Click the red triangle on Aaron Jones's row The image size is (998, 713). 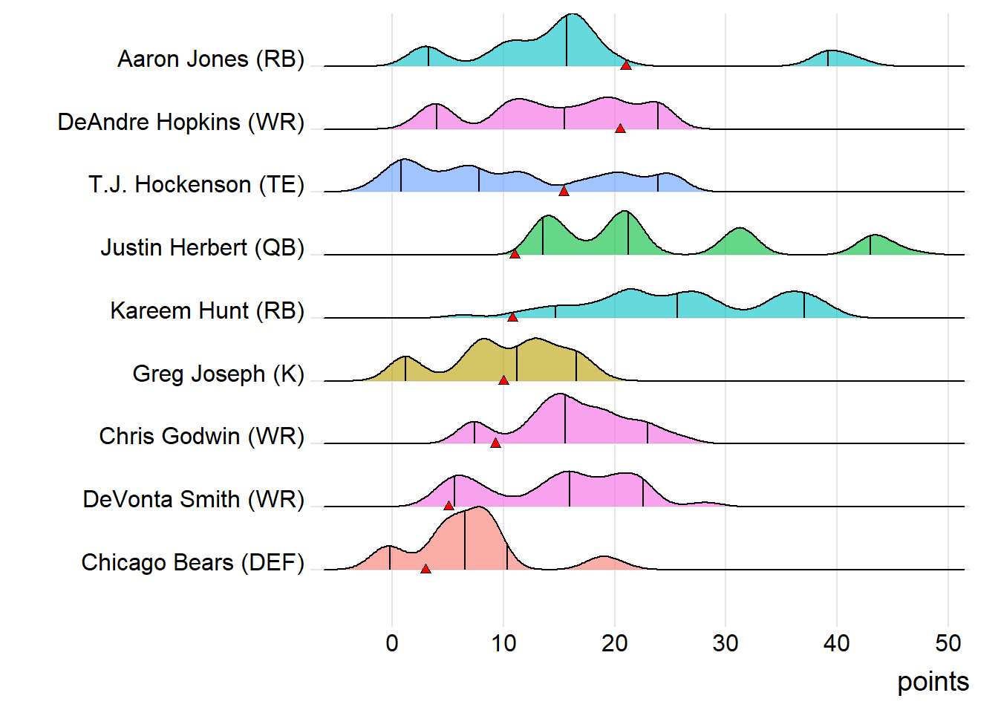click(626, 65)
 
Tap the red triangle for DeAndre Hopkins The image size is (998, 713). click(620, 128)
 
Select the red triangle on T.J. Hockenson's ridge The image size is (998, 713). click(564, 192)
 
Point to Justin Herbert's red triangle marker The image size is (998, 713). click(515, 254)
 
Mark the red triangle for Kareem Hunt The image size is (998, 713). click(512, 317)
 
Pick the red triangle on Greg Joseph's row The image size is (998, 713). click(503, 380)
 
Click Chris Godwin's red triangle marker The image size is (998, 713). click(495, 443)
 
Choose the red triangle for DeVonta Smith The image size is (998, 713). click(449, 506)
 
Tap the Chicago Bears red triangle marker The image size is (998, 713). click(425, 569)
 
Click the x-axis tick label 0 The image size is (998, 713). click(392, 643)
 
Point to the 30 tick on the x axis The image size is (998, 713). click(725, 643)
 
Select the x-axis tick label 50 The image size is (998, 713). click(948, 643)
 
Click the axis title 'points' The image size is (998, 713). click(933, 682)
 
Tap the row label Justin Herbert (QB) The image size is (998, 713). click(202, 247)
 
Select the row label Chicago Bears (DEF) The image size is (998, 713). click(192, 562)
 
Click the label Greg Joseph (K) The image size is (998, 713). click(218, 374)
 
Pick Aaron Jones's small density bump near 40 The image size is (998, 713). click(832, 59)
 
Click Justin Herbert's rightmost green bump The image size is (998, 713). click(875, 245)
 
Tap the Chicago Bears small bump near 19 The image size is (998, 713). click(604, 563)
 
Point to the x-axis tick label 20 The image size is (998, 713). click(615, 643)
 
